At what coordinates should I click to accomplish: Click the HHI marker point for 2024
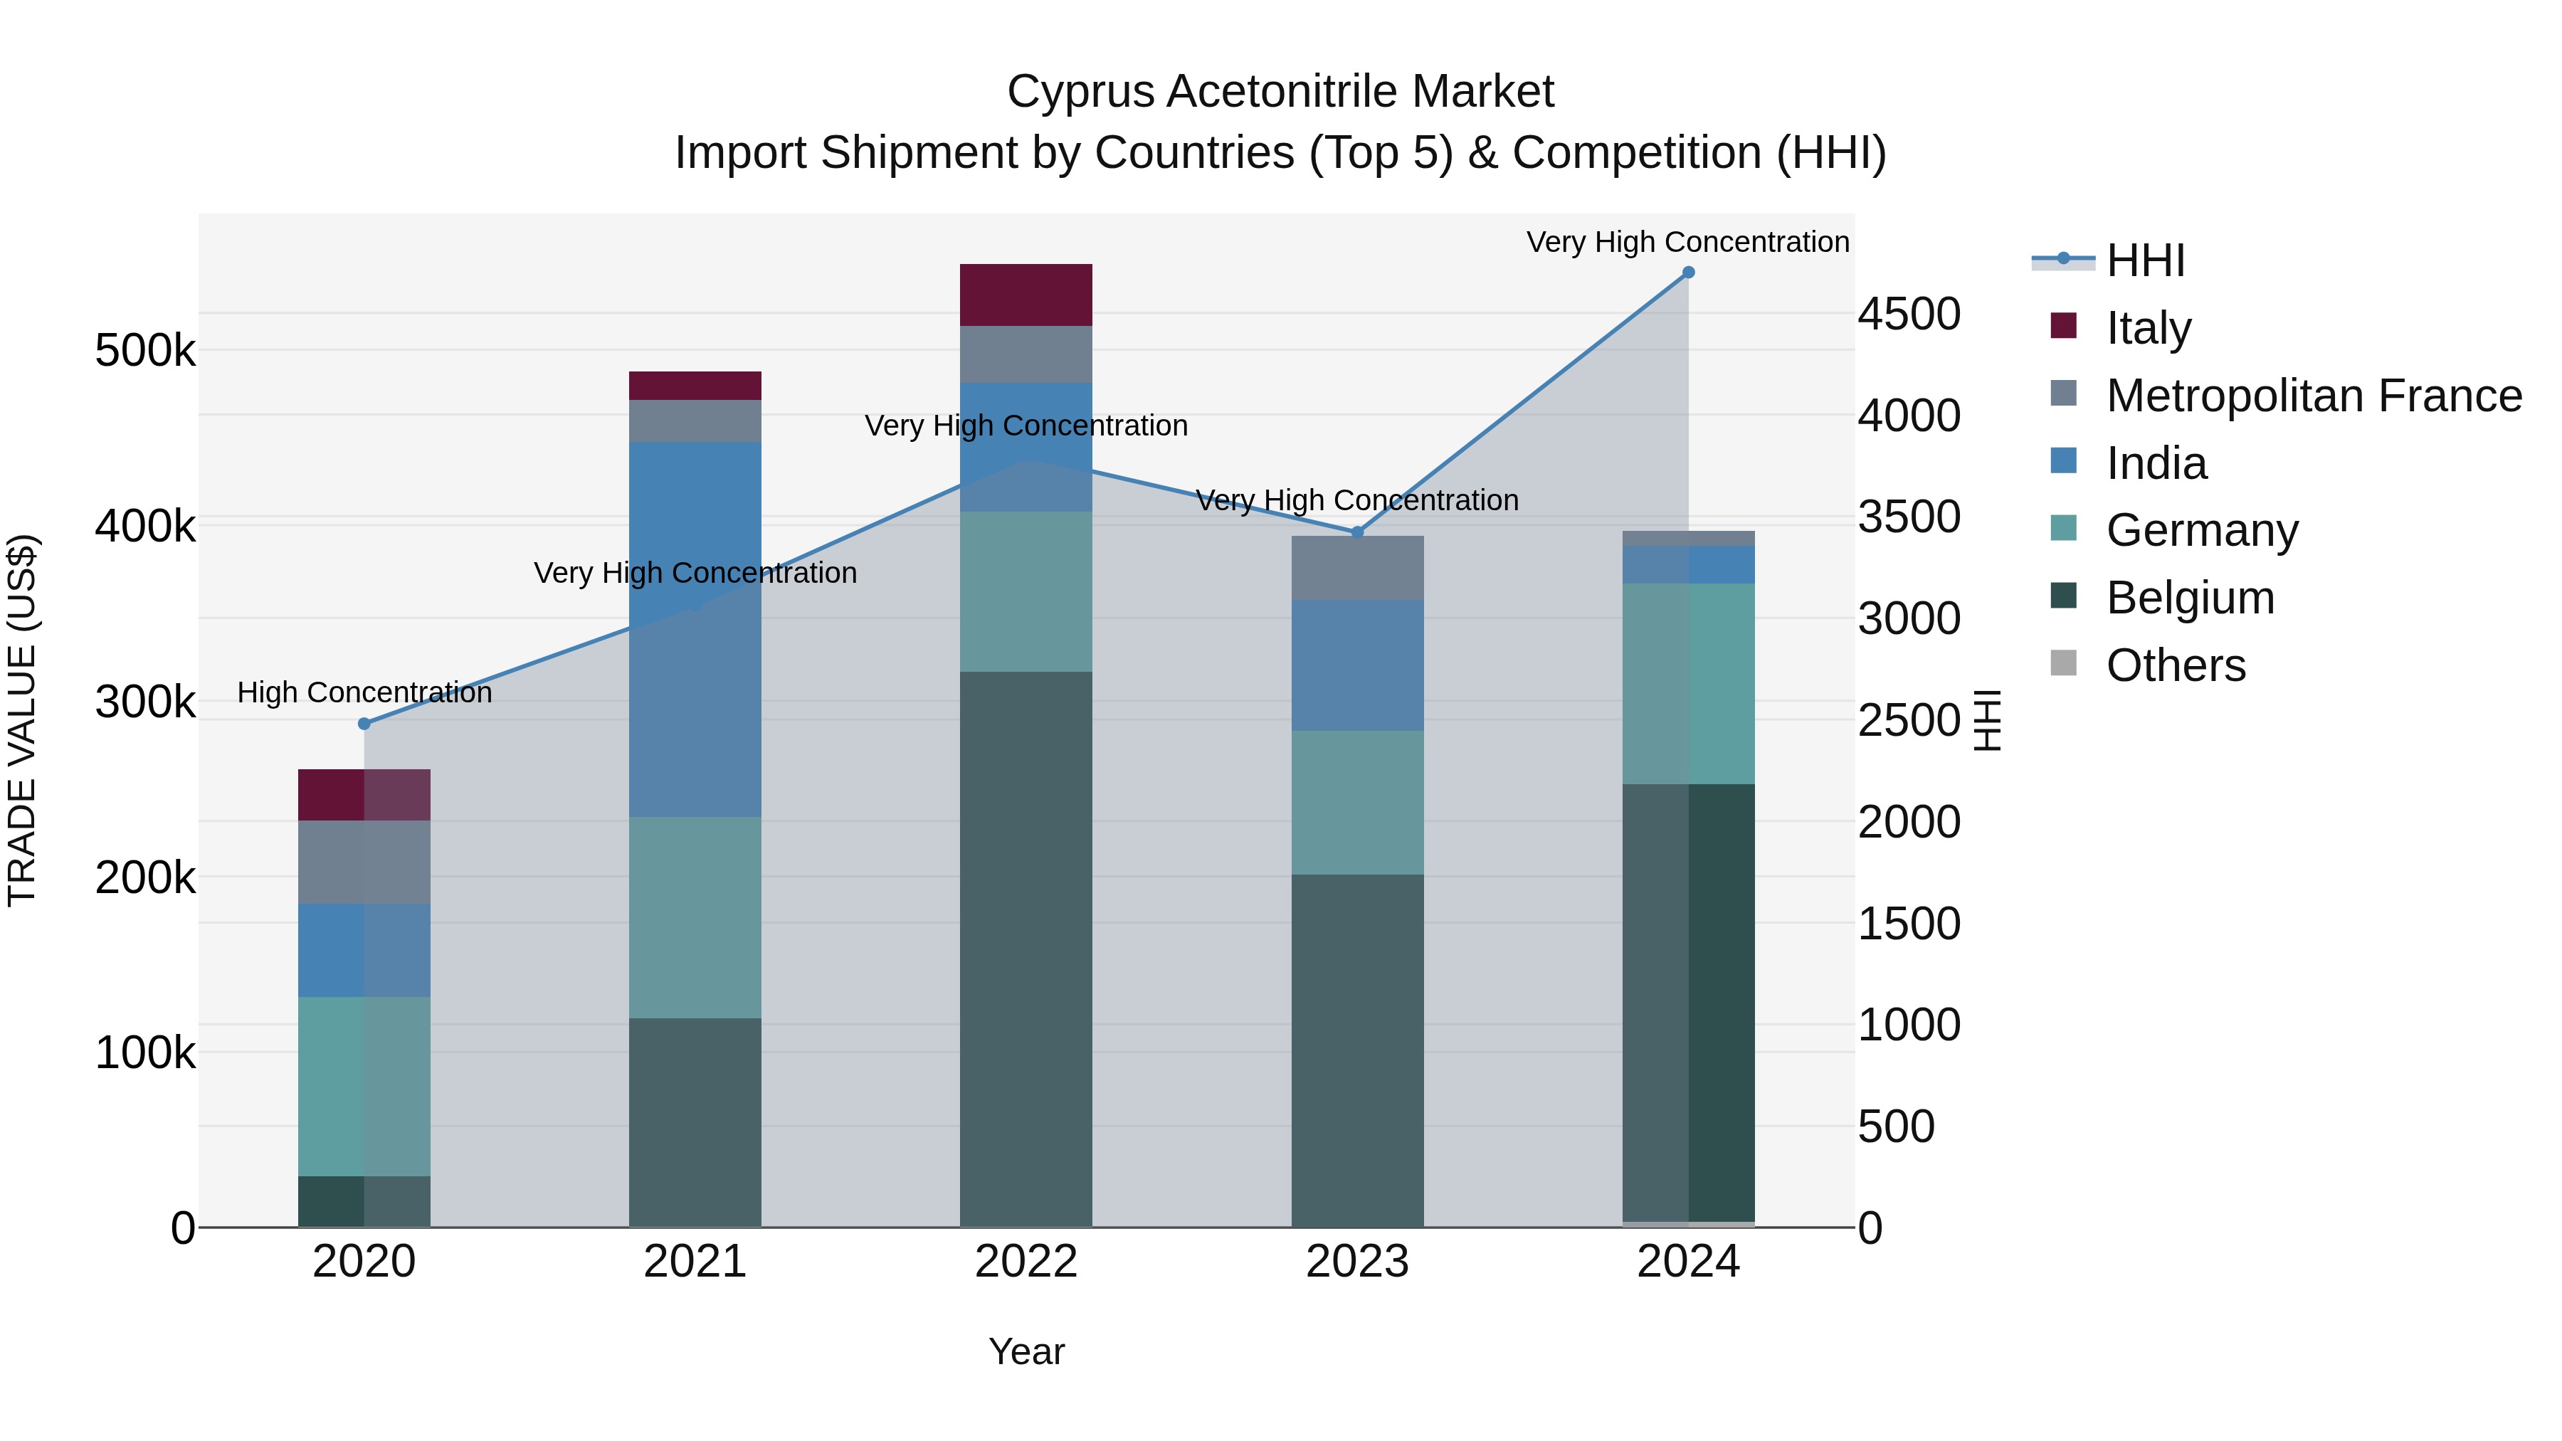point(1688,273)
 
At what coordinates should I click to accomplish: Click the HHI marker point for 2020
point(364,724)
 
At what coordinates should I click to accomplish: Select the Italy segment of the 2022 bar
point(1026,295)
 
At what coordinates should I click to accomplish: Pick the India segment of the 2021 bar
point(695,628)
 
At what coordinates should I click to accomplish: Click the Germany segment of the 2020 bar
point(364,1086)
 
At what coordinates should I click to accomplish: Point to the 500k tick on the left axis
point(145,351)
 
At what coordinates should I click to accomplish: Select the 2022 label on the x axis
point(1026,1262)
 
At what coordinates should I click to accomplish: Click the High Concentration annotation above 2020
point(364,692)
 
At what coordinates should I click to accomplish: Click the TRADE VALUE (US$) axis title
point(22,720)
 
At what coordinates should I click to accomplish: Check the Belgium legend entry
point(2189,598)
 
